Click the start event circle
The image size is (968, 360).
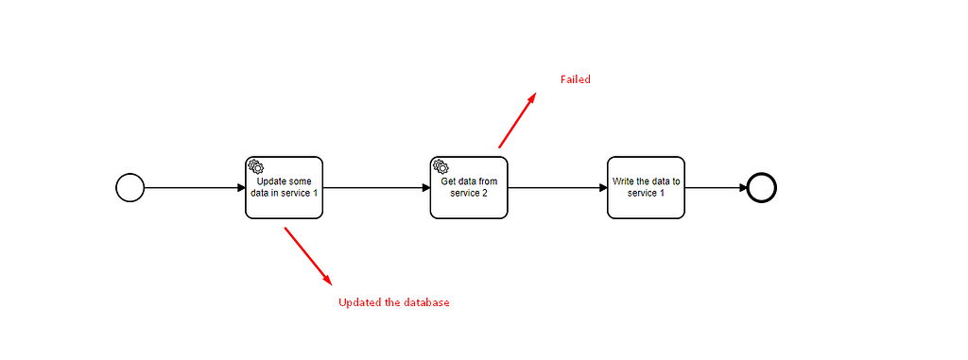point(130,187)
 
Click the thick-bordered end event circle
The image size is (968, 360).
point(761,187)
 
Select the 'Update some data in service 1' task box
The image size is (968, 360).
point(284,187)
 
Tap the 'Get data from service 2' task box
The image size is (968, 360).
point(468,187)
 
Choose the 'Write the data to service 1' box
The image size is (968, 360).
point(646,187)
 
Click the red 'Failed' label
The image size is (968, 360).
point(575,79)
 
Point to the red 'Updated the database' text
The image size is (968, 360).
point(394,303)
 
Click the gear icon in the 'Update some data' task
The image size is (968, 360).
point(255,166)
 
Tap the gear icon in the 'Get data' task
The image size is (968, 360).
point(440,166)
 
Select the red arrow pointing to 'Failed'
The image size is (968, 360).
point(517,120)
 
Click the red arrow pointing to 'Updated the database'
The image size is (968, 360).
point(308,255)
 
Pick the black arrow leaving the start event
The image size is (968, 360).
point(194,187)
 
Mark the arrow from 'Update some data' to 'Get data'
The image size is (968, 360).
point(376,187)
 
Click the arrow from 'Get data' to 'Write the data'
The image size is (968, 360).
point(557,187)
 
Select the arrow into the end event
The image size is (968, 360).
point(715,187)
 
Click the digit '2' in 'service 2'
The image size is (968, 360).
point(485,193)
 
